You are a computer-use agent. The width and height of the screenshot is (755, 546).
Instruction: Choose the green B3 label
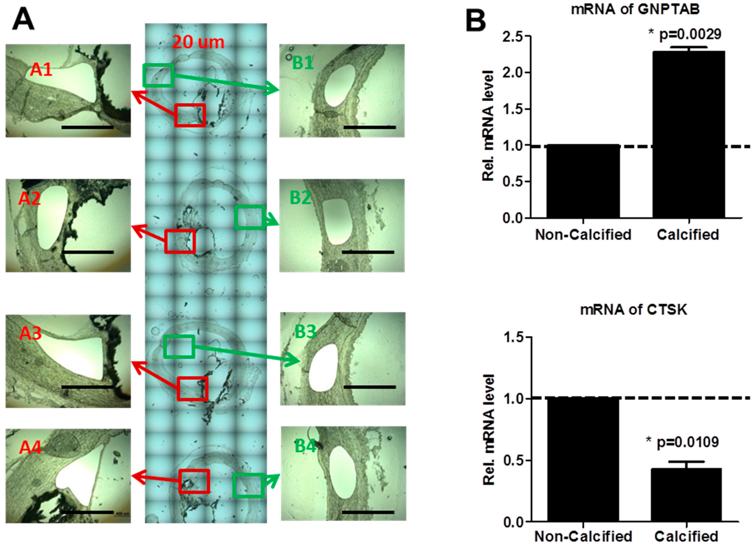[x=305, y=331]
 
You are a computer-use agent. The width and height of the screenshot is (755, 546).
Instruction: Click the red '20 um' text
[x=198, y=42]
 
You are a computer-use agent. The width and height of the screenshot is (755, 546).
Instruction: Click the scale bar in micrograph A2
[x=87, y=252]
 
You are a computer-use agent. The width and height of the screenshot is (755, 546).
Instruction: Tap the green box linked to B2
[x=250, y=217]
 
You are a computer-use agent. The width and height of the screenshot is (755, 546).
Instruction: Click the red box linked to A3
[x=193, y=389]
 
